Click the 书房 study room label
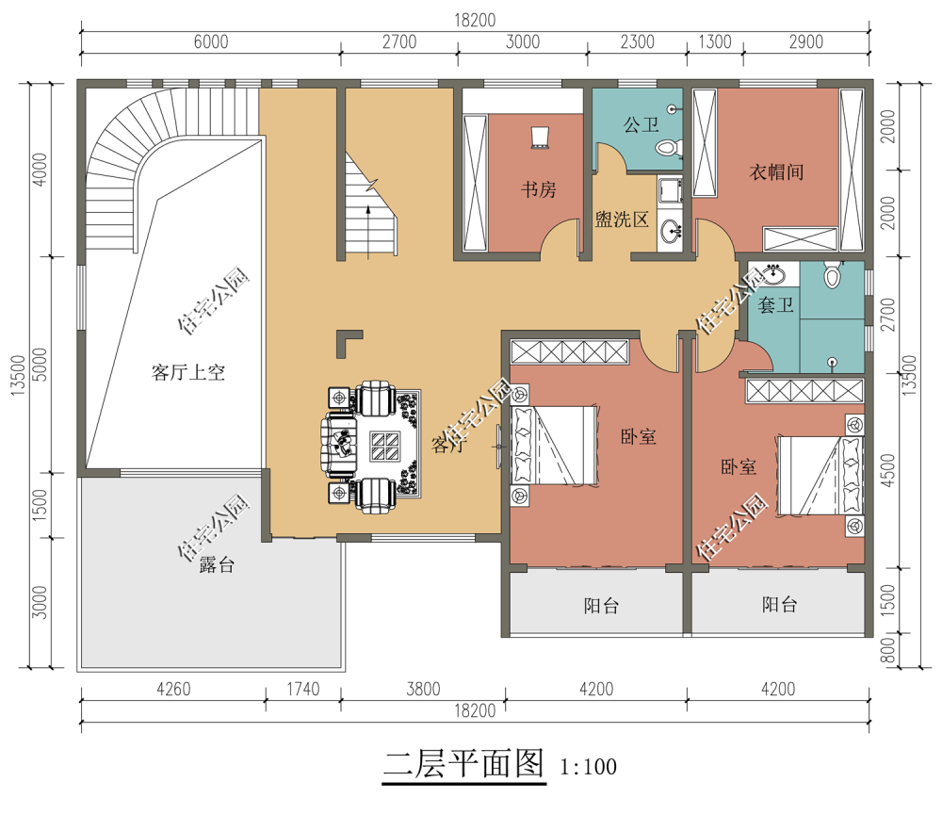click(x=538, y=189)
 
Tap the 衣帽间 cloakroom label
click(x=776, y=171)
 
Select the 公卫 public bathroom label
click(x=641, y=125)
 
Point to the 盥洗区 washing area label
click(x=622, y=220)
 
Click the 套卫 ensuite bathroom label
click(x=775, y=304)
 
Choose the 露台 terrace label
click(x=217, y=564)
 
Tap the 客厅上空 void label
click(x=188, y=372)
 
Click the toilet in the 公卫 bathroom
click(x=668, y=147)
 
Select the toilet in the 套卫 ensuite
click(x=832, y=274)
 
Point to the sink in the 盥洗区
click(x=671, y=231)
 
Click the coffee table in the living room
click(x=384, y=447)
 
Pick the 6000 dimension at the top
click(x=211, y=42)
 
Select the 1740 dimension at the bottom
click(x=302, y=689)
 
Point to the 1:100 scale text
click(x=588, y=767)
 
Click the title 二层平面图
click(x=463, y=763)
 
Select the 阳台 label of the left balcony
click(x=601, y=606)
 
